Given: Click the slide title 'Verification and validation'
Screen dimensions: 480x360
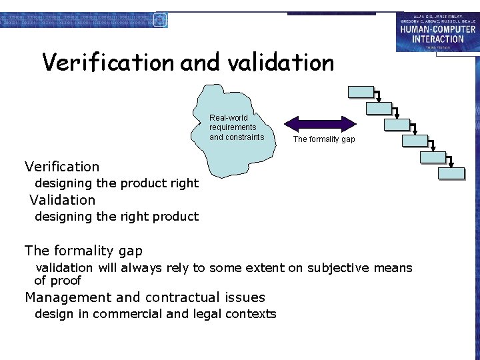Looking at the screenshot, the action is [x=188, y=63].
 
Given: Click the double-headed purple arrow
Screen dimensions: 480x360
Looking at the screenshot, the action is [x=321, y=123].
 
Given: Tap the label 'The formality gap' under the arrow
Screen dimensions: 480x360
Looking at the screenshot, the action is [x=324, y=139].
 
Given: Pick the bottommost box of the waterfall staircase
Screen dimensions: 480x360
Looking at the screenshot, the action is [x=451, y=174].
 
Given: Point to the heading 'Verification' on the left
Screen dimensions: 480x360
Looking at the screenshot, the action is [x=62, y=167].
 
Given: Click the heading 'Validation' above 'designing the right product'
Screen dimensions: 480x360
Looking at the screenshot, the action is [x=63, y=200].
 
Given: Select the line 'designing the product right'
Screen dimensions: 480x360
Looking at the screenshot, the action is [x=117, y=183].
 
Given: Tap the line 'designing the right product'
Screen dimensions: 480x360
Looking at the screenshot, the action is [x=117, y=217].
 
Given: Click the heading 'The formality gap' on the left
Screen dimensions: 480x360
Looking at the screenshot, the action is [x=83, y=251].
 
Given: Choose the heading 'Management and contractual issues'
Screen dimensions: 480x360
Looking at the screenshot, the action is [x=145, y=297].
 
